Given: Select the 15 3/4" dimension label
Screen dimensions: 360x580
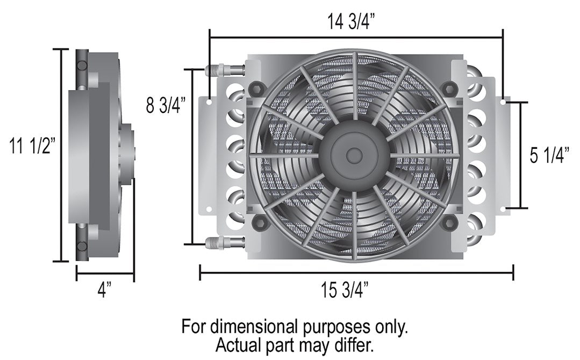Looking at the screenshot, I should pos(344,291).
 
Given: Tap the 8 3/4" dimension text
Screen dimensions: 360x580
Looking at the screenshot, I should pos(166,104).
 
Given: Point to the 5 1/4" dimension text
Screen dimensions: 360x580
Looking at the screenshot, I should pos(549,156).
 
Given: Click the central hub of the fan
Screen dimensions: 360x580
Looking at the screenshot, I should pos(353,155).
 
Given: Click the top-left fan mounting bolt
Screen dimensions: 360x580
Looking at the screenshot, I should pos(256,87).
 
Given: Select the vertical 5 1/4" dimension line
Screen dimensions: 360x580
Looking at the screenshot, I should pos(520,155).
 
